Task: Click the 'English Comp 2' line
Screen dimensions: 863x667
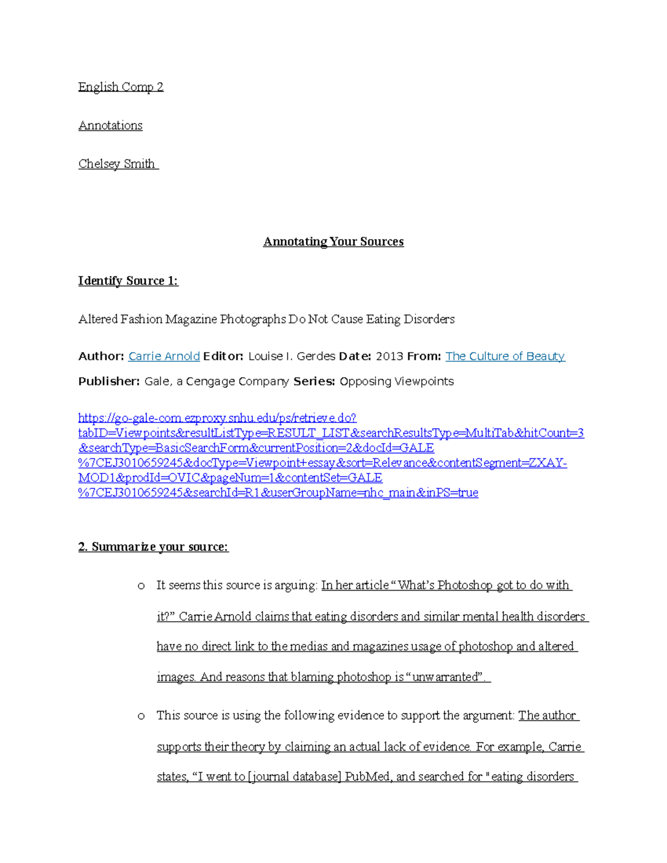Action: pyautogui.click(x=121, y=87)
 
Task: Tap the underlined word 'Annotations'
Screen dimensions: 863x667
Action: pyautogui.click(x=110, y=126)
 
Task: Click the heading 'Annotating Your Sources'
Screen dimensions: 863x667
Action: pyautogui.click(x=333, y=242)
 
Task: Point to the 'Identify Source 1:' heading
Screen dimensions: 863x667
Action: pyautogui.click(x=128, y=281)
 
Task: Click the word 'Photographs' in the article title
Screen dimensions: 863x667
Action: pyautogui.click(x=253, y=320)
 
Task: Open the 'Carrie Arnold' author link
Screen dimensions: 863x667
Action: pyautogui.click(x=164, y=356)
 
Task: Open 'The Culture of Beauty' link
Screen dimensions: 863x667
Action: pyautogui.click(x=505, y=356)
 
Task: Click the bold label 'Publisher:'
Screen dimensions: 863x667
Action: pyautogui.click(x=109, y=381)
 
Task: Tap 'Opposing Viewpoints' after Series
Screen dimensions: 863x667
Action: pyautogui.click(x=396, y=381)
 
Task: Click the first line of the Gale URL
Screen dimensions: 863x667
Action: pyautogui.click(x=217, y=418)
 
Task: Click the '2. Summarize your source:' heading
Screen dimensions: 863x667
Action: pyautogui.click(x=153, y=547)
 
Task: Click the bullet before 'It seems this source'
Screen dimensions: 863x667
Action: pyautogui.click(x=141, y=586)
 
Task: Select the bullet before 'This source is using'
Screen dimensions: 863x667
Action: pyautogui.click(x=141, y=716)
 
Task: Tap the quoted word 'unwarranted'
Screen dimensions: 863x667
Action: pyautogui.click(x=445, y=677)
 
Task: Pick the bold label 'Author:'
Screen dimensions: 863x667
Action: pyautogui.click(x=101, y=356)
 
